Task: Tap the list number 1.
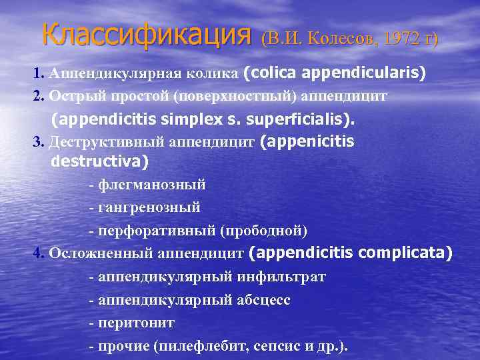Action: [37, 73]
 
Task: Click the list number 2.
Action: [37, 96]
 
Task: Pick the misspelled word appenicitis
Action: [311, 142]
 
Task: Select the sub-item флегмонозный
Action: [151, 185]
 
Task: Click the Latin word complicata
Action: [405, 253]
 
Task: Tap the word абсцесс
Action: [264, 300]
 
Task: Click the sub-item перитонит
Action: [136, 323]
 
